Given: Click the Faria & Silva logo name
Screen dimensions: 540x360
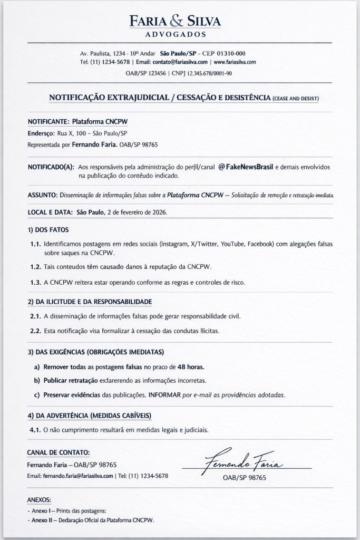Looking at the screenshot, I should click(176, 21).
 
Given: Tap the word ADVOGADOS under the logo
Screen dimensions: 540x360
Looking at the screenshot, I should click(176, 34).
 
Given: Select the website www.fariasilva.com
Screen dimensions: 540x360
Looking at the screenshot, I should click(235, 62).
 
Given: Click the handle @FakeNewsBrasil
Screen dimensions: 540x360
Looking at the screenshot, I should click(245, 167).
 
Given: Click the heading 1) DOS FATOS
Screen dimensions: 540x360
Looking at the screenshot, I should click(47, 230).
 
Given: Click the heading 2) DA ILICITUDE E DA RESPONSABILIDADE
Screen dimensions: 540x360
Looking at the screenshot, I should click(90, 302).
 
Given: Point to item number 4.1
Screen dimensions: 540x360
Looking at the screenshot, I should click(35, 429).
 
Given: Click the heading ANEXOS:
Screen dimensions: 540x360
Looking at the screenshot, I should click(39, 499).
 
